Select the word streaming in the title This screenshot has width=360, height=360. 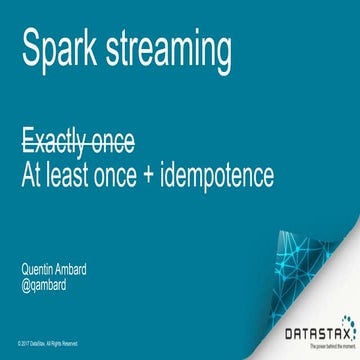click(173, 51)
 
